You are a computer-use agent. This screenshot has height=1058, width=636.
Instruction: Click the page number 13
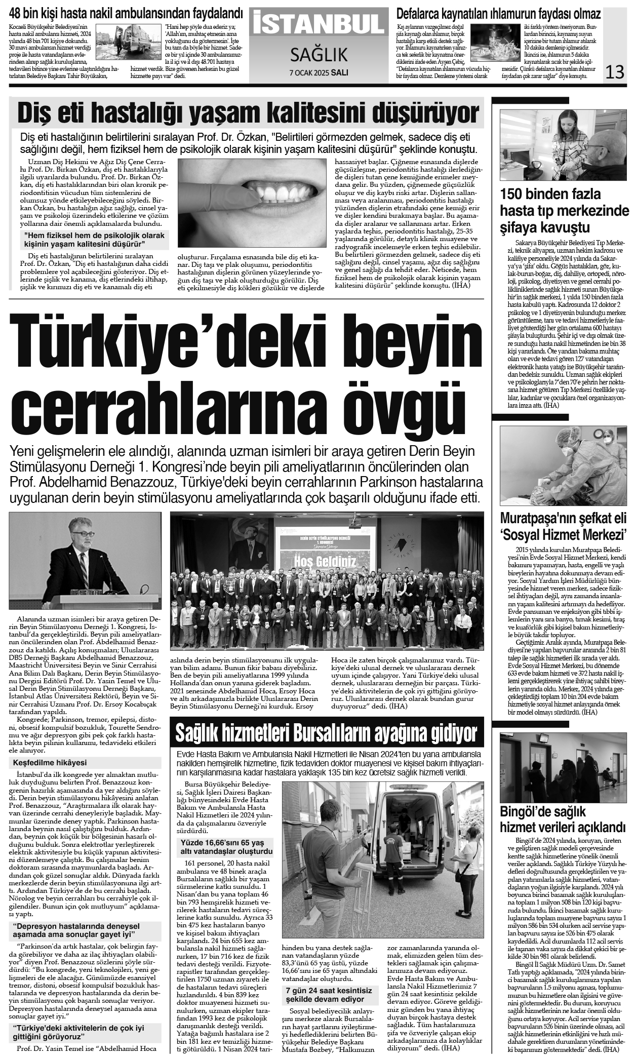coord(615,71)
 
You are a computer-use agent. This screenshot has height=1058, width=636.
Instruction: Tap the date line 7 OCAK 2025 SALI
coord(319,72)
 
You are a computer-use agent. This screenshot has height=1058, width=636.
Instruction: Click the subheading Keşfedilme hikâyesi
coord(49,763)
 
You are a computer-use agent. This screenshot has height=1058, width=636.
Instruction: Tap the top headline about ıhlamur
coord(498,14)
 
